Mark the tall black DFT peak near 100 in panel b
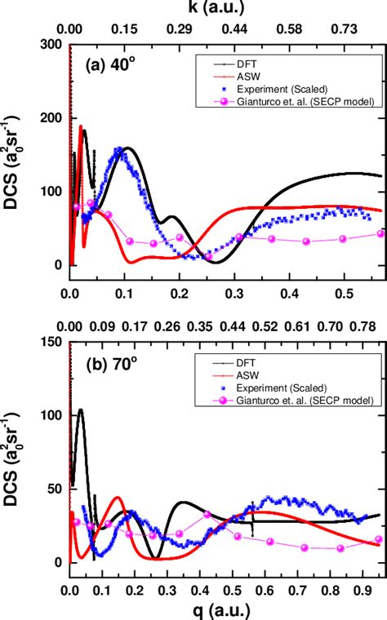pos(80,410)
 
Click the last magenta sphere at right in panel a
pos(380,233)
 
